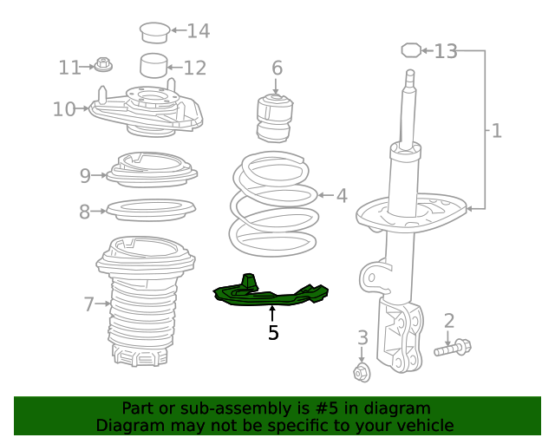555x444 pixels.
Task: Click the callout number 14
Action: point(198,31)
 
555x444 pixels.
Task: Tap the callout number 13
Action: point(445,51)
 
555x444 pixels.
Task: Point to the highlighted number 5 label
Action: point(273,332)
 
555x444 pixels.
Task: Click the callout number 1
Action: point(496,131)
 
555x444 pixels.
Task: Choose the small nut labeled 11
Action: point(103,64)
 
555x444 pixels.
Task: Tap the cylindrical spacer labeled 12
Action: point(153,66)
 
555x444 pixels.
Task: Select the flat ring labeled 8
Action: point(150,210)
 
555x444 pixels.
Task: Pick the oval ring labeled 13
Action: point(411,50)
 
